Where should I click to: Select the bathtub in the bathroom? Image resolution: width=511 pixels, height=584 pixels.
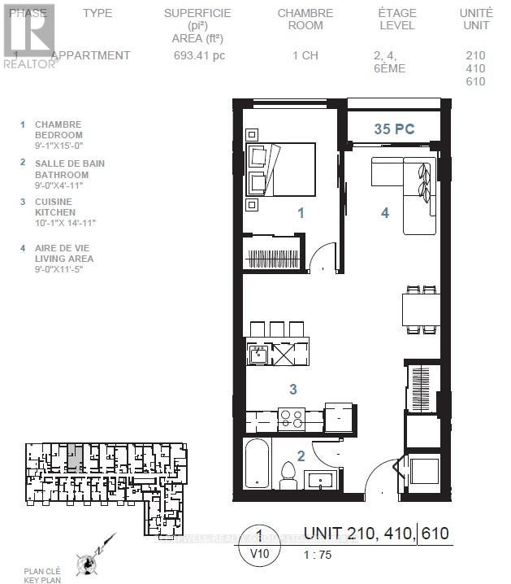(x=255, y=464)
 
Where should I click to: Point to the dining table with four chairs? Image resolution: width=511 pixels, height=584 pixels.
(x=421, y=309)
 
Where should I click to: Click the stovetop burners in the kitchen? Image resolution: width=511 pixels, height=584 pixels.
(x=292, y=418)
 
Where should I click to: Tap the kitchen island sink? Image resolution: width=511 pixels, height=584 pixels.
(x=259, y=354)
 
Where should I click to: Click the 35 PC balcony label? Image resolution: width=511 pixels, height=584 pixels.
(x=394, y=129)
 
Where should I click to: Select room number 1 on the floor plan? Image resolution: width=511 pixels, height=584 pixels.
(x=301, y=213)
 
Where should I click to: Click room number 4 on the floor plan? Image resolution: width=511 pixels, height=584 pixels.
(x=386, y=213)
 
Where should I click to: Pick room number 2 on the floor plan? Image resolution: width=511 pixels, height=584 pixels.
(x=300, y=456)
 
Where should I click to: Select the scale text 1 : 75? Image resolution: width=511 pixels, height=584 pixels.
(x=318, y=556)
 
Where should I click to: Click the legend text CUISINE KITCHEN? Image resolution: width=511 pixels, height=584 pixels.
(x=54, y=207)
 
